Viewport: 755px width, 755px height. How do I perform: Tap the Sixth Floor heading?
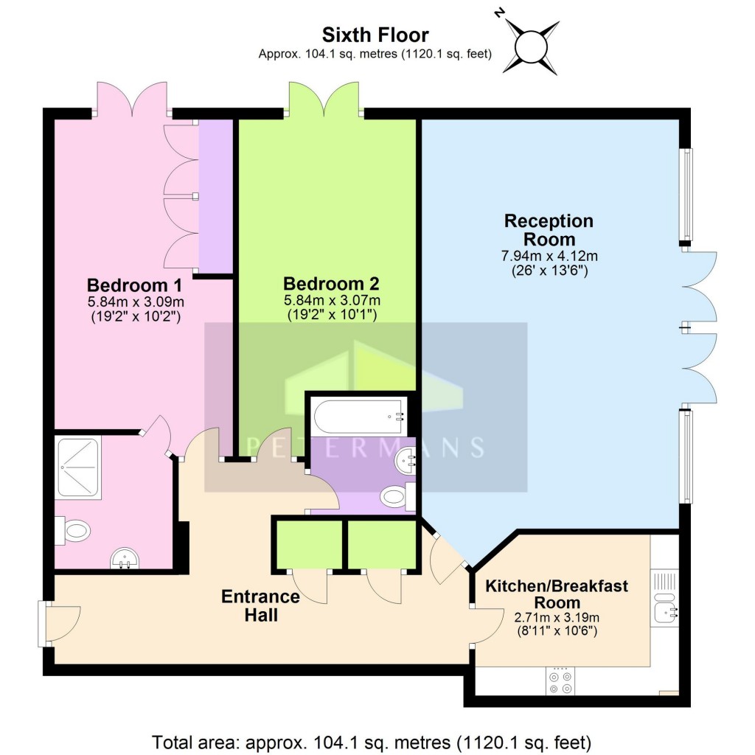point(375,34)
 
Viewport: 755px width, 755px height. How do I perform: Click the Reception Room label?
point(548,230)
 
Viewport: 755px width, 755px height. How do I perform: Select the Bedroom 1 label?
point(134,285)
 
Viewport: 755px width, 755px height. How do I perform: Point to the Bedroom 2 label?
point(332,284)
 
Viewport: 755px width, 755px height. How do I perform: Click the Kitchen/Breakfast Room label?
point(557,594)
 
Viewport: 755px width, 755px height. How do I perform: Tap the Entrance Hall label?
point(261,605)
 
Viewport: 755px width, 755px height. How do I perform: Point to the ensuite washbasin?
point(125,560)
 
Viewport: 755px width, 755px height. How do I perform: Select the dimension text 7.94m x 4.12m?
point(549,256)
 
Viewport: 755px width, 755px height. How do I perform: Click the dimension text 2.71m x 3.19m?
point(556,617)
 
